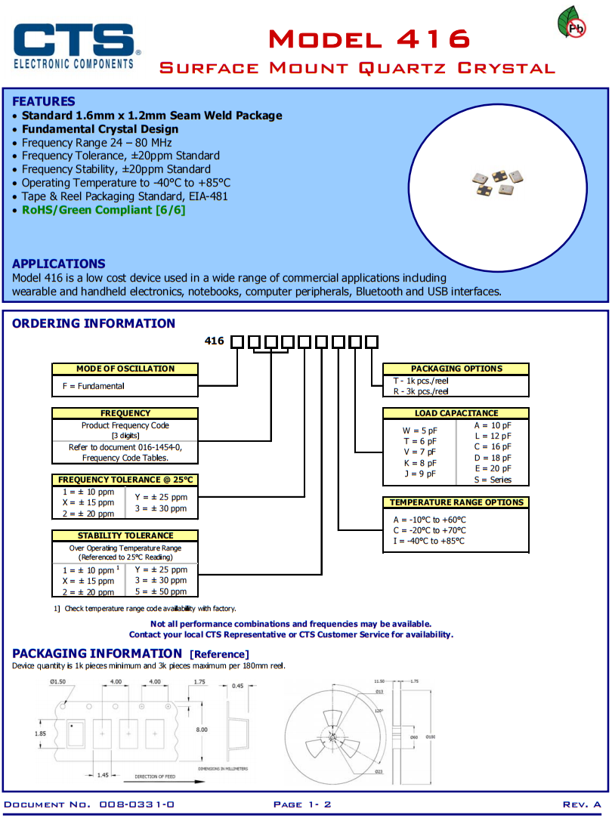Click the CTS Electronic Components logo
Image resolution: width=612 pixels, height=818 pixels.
(x=76, y=46)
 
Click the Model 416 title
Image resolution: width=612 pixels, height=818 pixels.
(x=369, y=39)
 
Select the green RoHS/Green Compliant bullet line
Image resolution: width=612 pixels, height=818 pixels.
(x=103, y=210)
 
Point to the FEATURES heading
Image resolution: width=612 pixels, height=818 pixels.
(x=44, y=101)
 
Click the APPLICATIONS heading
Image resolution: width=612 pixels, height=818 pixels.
(x=59, y=264)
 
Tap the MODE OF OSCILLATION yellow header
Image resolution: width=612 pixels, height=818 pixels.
(x=125, y=369)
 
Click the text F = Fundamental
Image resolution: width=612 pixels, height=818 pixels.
(x=94, y=386)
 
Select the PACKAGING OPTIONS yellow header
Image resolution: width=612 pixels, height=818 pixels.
(x=456, y=369)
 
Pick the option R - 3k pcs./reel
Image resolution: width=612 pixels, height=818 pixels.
(x=421, y=391)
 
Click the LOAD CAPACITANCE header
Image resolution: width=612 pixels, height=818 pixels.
(x=456, y=413)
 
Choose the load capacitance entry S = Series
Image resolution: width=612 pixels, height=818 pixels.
(x=493, y=480)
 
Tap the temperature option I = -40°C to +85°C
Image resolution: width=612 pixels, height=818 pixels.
(x=429, y=541)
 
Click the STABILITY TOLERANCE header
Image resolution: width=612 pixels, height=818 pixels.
(x=125, y=536)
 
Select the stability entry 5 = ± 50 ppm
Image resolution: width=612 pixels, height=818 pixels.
(x=161, y=592)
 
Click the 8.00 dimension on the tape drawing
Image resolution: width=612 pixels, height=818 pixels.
(x=202, y=730)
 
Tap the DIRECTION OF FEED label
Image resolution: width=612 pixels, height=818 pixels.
(x=156, y=776)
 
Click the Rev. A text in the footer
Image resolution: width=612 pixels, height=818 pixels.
(x=582, y=804)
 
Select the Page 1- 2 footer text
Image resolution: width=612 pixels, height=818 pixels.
(x=302, y=804)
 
